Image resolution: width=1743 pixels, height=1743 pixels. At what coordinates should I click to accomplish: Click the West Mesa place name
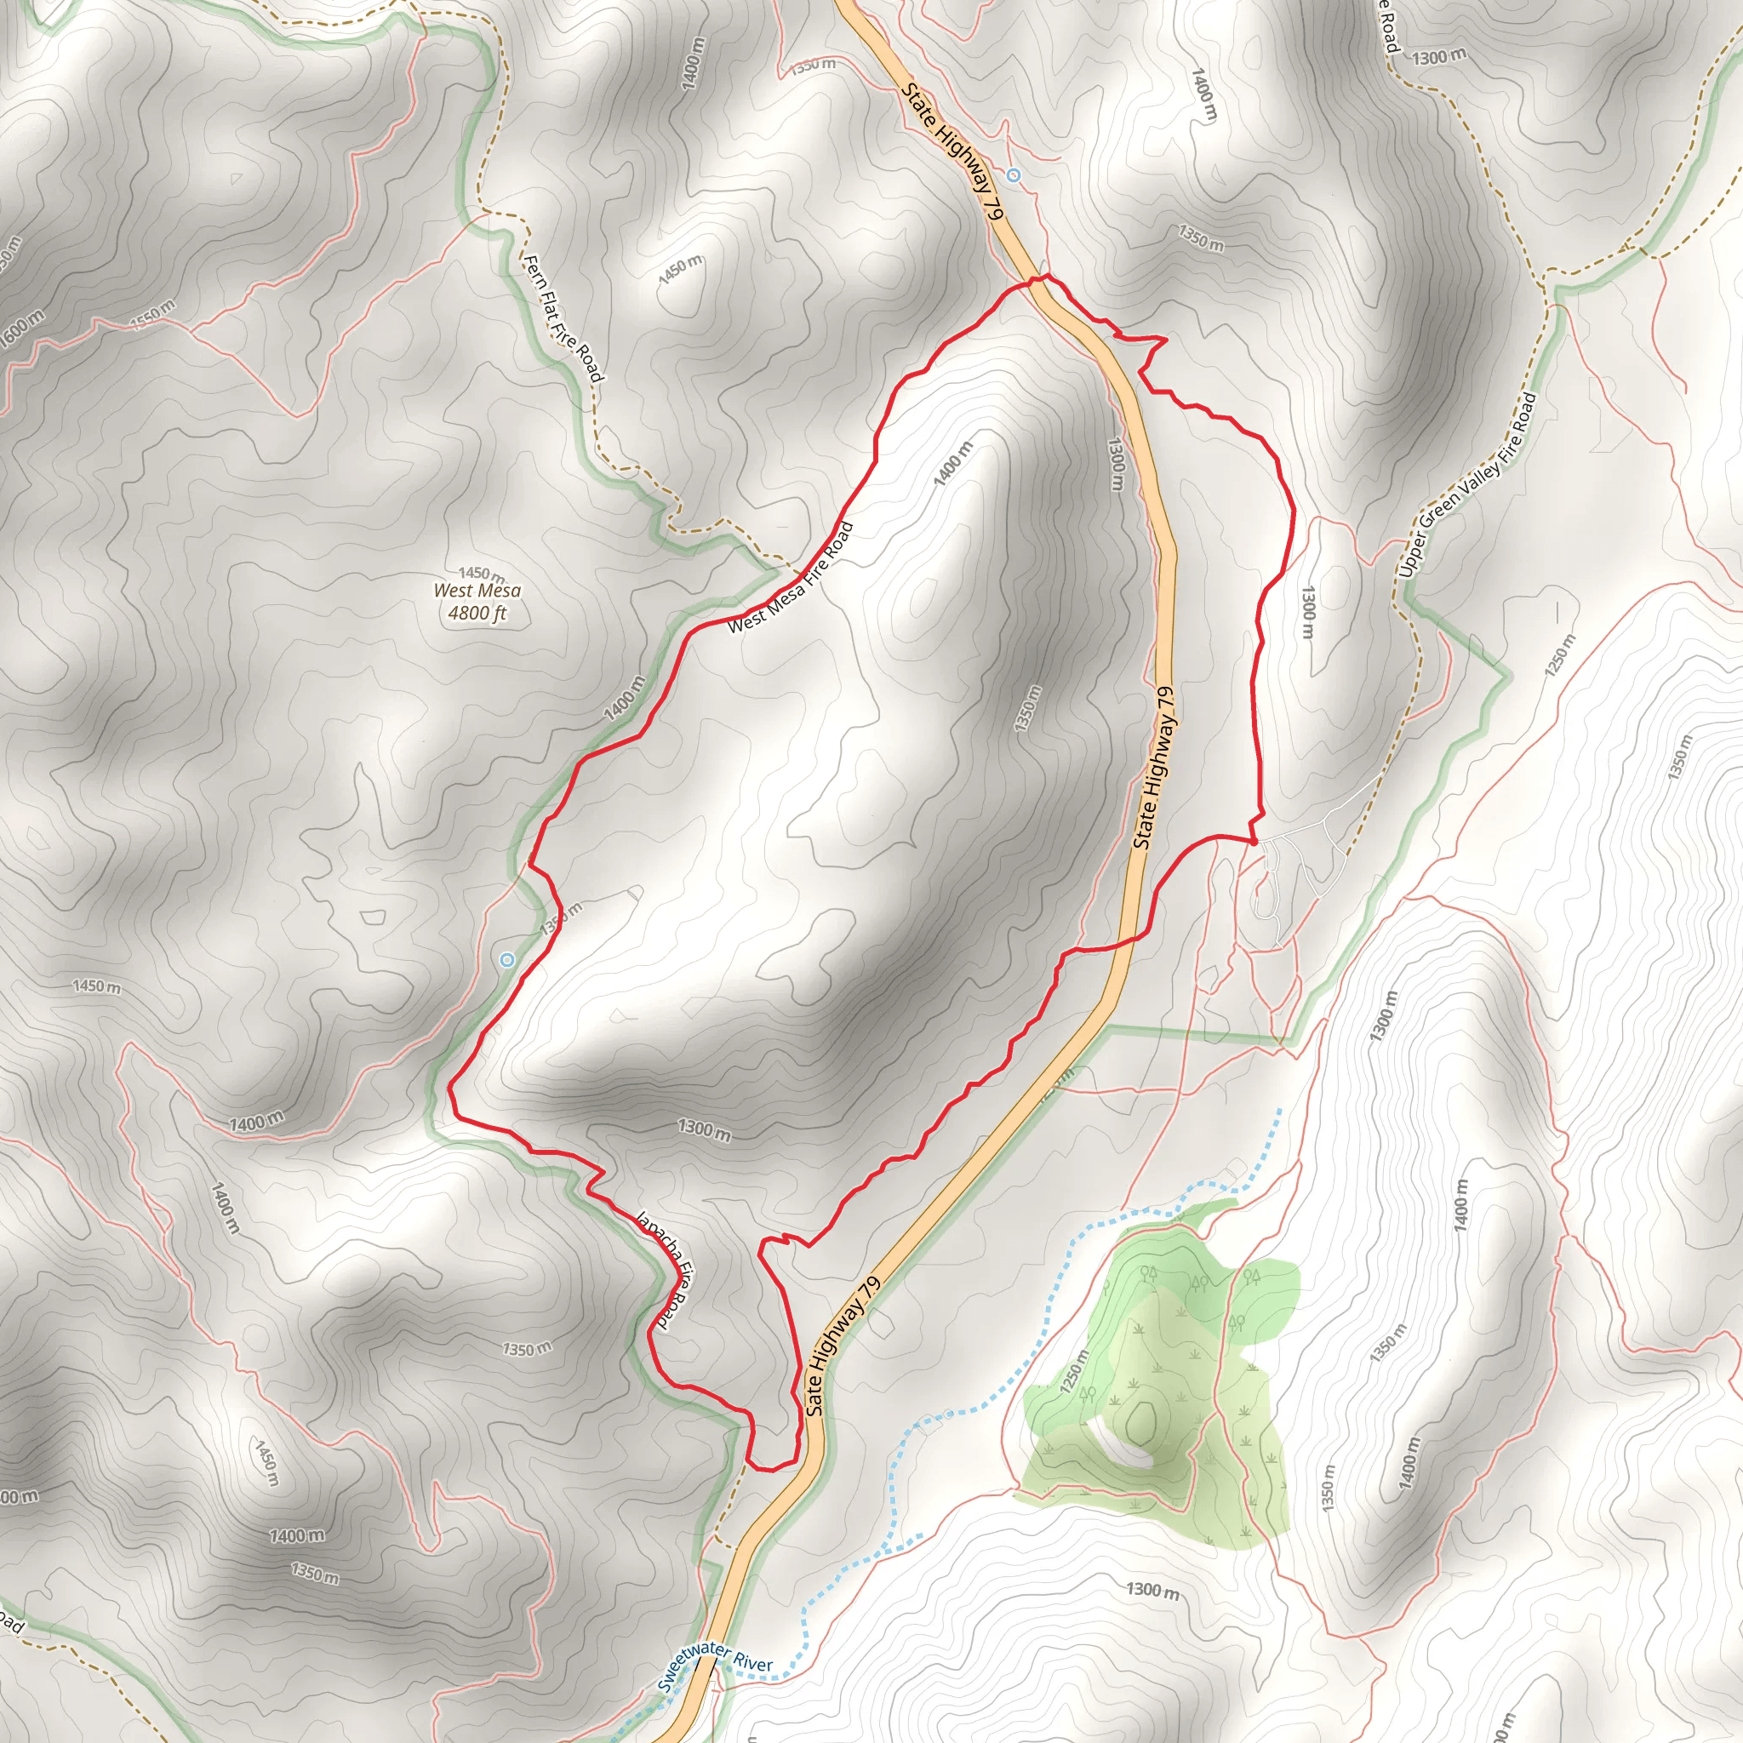click(x=477, y=591)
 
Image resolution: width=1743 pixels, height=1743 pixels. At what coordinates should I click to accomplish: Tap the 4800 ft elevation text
click(x=477, y=614)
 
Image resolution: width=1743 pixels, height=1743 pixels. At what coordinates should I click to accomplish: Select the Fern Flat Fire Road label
click(x=562, y=317)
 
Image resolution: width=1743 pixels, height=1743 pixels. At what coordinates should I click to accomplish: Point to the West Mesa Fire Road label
click(x=791, y=577)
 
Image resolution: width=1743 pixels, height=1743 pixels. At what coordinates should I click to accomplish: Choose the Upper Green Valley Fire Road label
click(x=1468, y=484)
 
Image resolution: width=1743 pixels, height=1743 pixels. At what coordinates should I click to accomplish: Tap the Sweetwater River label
click(x=715, y=1667)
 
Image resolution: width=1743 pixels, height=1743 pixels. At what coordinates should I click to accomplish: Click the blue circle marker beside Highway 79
click(x=1013, y=175)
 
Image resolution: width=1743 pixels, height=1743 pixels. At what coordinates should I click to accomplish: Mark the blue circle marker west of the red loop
click(x=507, y=960)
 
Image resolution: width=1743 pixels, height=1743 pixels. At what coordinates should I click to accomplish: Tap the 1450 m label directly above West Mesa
click(x=481, y=573)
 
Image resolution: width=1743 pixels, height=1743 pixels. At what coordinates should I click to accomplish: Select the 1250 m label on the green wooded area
click(x=1076, y=1371)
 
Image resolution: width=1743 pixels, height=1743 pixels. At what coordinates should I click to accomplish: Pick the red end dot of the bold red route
click(x=1253, y=842)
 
